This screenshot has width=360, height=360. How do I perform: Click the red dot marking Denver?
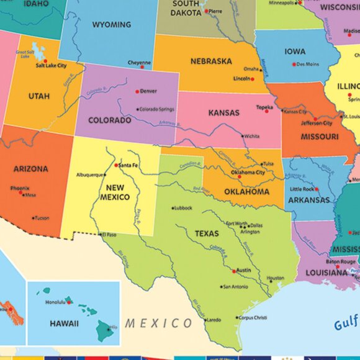[x=137, y=91]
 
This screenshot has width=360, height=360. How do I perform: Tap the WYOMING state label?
[x=111, y=25]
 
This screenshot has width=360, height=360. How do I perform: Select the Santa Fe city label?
[x=128, y=165]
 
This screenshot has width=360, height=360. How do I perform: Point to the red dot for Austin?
[x=233, y=271]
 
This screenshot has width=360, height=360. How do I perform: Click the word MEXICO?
[x=159, y=323]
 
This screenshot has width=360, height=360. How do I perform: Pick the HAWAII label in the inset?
[x=65, y=323]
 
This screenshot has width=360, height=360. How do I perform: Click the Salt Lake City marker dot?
[x=45, y=61]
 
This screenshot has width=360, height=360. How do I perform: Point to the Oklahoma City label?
[x=248, y=173]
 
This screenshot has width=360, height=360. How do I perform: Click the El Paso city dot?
[x=100, y=235]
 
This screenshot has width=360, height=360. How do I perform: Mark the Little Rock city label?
[x=302, y=189]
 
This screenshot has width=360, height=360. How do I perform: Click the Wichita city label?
[x=252, y=136]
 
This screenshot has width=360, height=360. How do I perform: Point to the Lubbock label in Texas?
[x=184, y=208]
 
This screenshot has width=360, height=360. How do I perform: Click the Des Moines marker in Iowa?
[x=293, y=64]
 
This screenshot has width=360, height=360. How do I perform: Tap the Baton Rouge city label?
[x=341, y=261]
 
